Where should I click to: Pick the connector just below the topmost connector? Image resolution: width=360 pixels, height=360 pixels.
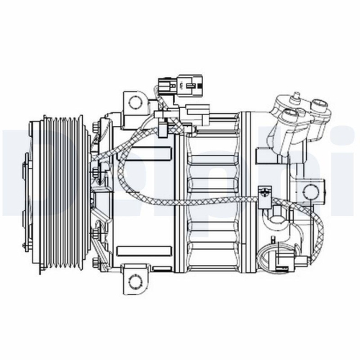196,112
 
